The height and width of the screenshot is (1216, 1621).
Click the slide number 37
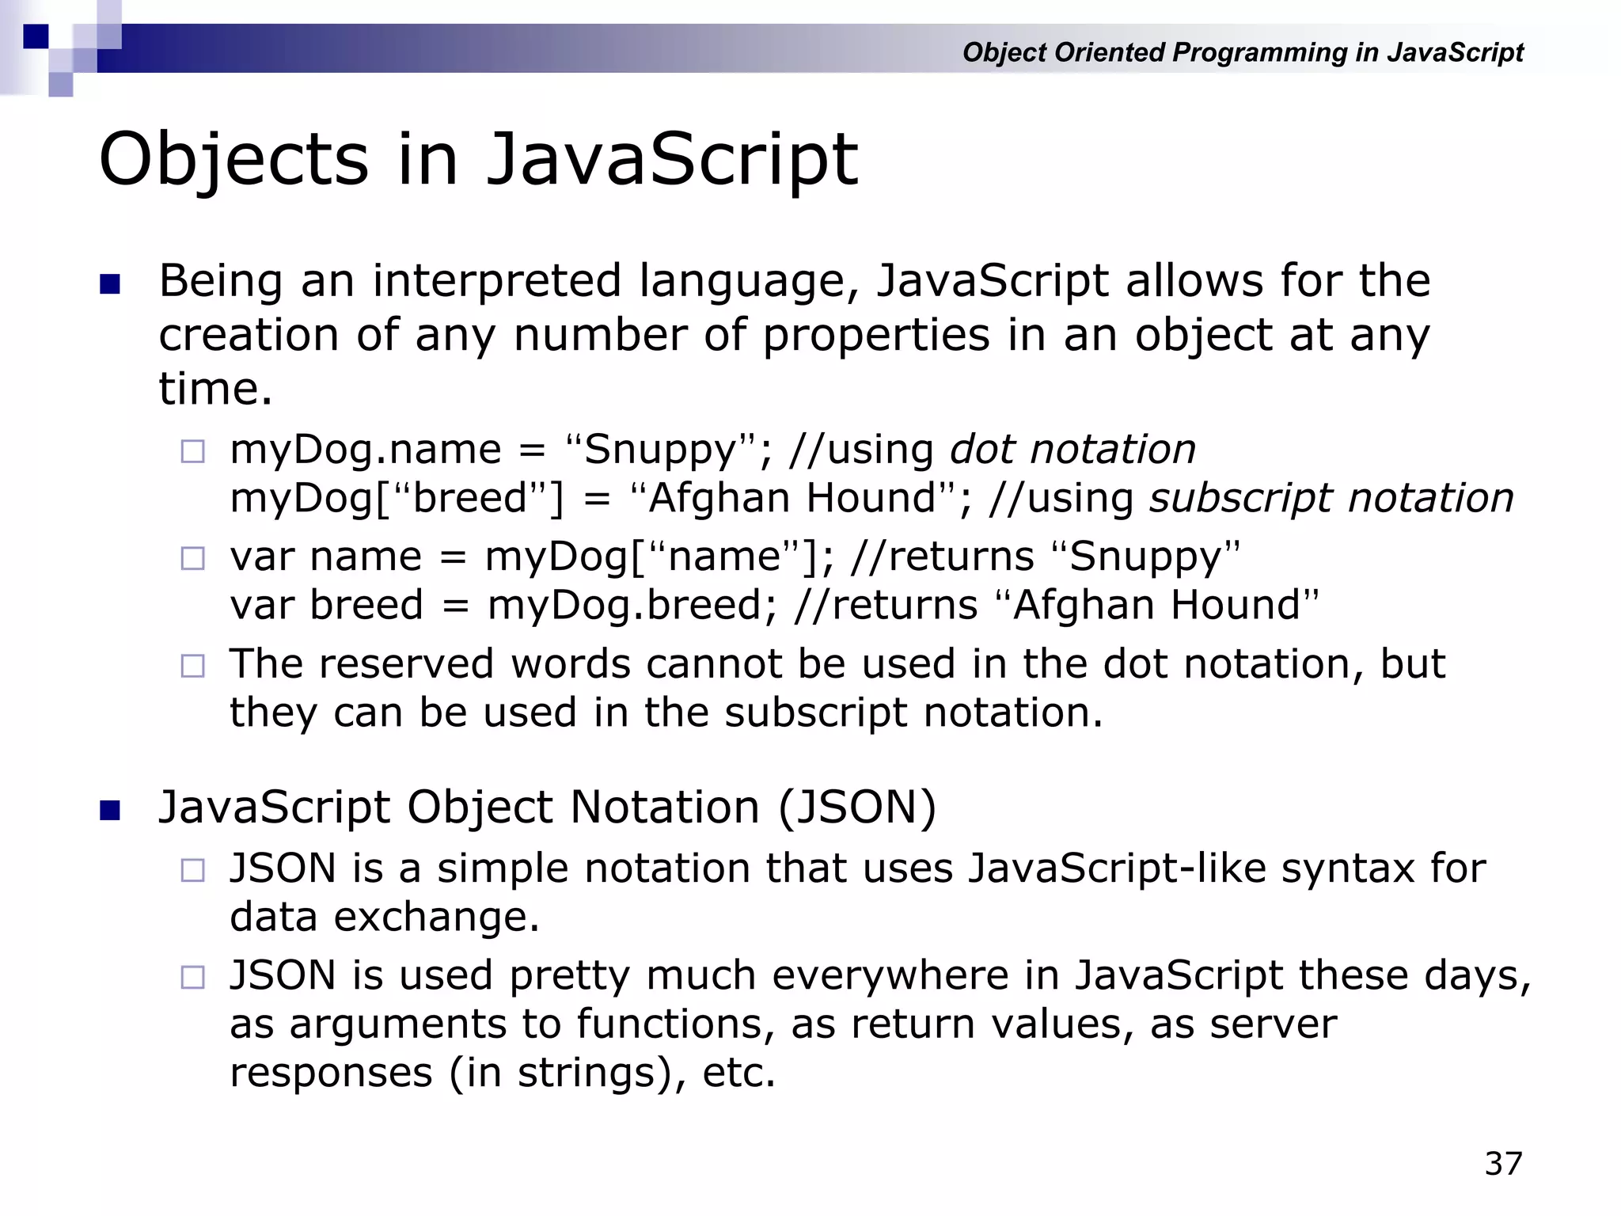[x=1503, y=1164]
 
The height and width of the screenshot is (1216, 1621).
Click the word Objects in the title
[x=234, y=160]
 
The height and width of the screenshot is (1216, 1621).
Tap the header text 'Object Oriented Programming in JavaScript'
[x=1242, y=52]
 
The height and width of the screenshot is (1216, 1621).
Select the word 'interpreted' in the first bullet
[x=497, y=281]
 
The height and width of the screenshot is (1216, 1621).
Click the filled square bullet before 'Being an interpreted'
[x=110, y=284]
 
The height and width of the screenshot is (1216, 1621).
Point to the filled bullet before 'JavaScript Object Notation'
[x=110, y=811]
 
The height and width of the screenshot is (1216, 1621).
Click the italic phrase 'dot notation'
[x=1072, y=450]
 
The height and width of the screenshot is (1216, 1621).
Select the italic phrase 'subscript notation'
[x=1331, y=499]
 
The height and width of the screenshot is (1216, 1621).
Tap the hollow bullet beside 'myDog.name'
[x=192, y=452]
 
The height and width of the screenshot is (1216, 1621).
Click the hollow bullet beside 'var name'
[x=192, y=559]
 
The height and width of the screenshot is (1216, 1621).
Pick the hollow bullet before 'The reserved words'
[x=192, y=666]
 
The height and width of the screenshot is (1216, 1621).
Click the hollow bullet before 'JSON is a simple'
[x=192, y=871]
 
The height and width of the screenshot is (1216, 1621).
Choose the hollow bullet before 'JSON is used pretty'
[x=192, y=978]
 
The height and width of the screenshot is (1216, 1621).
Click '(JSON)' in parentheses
[x=857, y=807]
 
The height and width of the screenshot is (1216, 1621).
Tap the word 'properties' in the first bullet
[x=875, y=336]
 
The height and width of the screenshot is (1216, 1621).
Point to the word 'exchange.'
[x=436, y=918]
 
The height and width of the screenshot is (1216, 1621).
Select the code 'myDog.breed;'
[x=632, y=606]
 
